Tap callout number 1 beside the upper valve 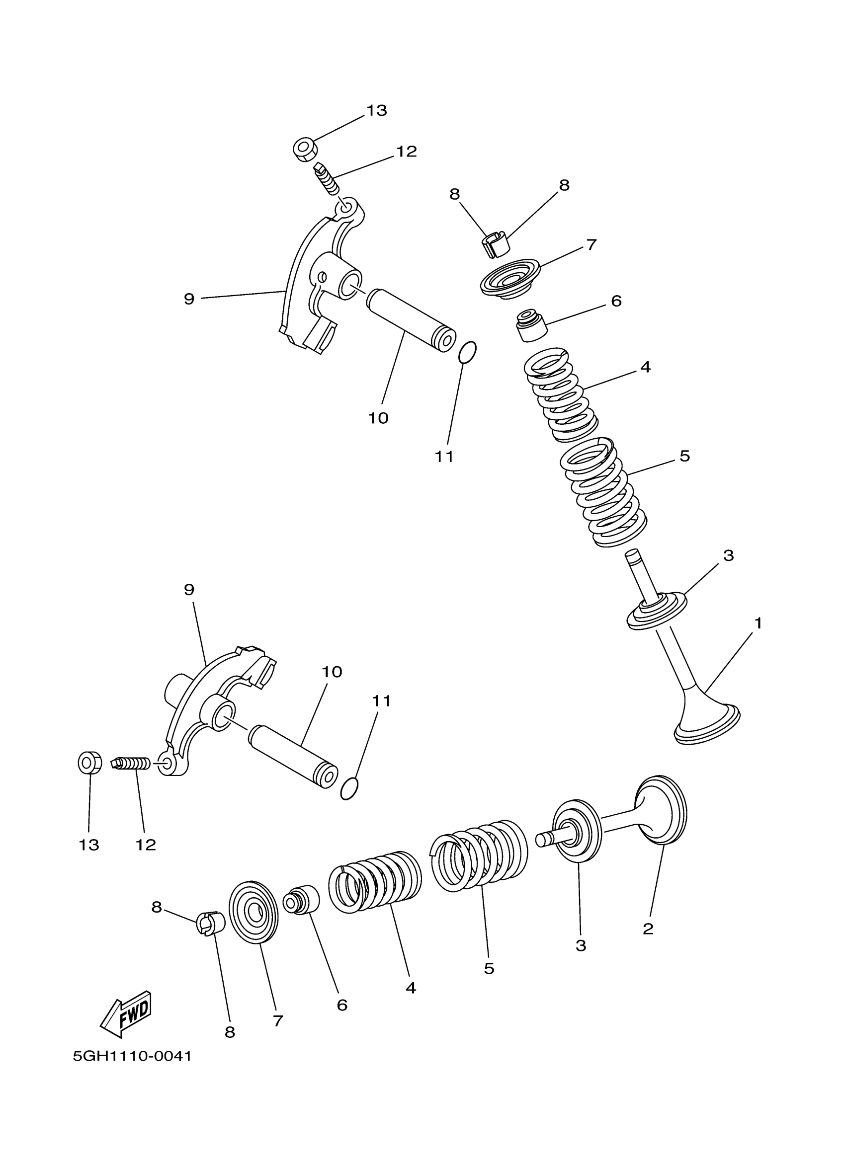coord(758,623)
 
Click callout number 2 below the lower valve coord(648,929)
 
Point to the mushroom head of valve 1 coord(708,722)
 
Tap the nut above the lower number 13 coord(89,763)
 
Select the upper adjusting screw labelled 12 coord(327,177)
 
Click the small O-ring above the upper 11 coord(467,352)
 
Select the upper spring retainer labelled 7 coord(510,278)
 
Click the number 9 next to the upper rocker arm coord(189,299)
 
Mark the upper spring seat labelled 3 coord(657,610)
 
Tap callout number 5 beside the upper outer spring coord(684,456)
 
